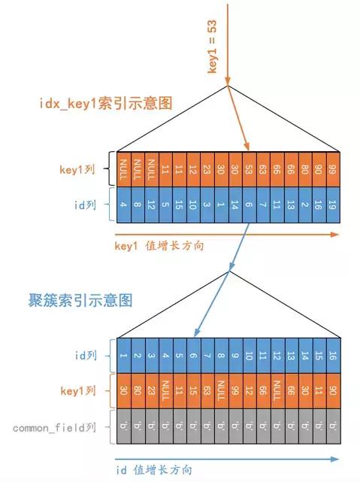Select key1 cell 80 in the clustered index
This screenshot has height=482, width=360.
click(x=138, y=390)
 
